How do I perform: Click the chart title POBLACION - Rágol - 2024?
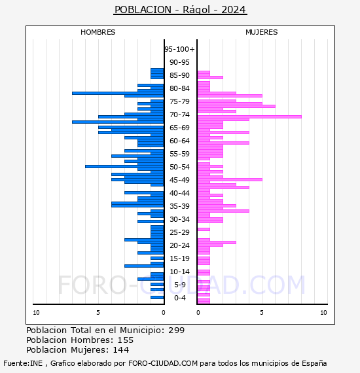click(x=180, y=10)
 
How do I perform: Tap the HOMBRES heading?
click(x=98, y=32)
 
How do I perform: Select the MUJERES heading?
click(x=262, y=32)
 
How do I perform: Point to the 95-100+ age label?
click(x=179, y=49)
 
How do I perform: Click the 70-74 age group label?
click(x=179, y=115)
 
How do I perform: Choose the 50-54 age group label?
click(x=179, y=167)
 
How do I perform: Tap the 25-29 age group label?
click(x=179, y=232)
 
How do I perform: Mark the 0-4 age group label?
click(x=179, y=298)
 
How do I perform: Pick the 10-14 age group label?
click(x=179, y=272)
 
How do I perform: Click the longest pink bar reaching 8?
click(x=249, y=116)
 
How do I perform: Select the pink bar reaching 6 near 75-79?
click(x=236, y=106)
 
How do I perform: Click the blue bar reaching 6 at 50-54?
click(x=124, y=166)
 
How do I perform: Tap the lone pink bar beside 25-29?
click(x=204, y=229)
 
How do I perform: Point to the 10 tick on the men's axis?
click(x=36, y=313)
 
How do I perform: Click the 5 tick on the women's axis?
click(x=262, y=313)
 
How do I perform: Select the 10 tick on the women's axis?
click(x=323, y=313)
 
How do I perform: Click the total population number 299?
click(x=176, y=330)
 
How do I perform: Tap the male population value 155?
click(x=126, y=340)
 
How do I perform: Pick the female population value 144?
click(x=121, y=349)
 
